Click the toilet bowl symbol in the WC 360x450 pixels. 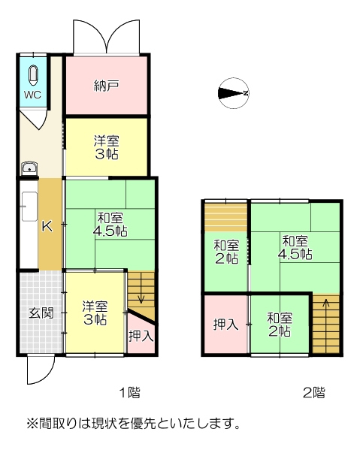[x=34, y=76]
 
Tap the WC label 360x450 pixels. [x=32, y=95]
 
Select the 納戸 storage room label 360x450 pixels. [x=106, y=86]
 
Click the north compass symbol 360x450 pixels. [x=234, y=93]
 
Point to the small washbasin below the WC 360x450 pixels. [x=29, y=168]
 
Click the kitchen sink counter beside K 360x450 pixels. [x=29, y=207]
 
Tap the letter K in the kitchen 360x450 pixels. [x=47, y=227]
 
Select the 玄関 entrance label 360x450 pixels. [x=41, y=313]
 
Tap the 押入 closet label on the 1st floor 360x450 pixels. [x=141, y=336]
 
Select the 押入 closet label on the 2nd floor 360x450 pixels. [x=225, y=325]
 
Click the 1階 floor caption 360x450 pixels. [x=130, y=393]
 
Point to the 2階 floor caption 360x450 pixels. [x=314, y=393]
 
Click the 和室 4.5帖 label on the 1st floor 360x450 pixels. [x=110, y=225]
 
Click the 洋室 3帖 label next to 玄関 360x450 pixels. [x=95, y=313]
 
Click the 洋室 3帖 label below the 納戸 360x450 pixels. [x=107, y=147]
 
